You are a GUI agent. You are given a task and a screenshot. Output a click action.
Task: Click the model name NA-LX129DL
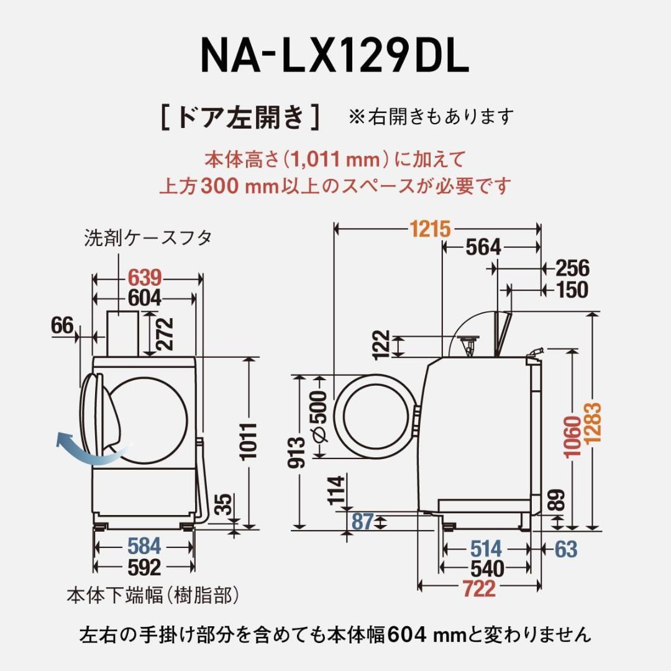pos(334,57)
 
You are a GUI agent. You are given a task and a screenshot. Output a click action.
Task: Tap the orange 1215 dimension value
pos(429,229)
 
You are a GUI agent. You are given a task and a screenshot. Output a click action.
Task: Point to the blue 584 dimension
pos(144,547)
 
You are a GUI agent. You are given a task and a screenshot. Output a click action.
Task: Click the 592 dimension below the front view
pos(144,567)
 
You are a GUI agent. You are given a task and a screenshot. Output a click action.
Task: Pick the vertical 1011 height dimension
pos(249,440)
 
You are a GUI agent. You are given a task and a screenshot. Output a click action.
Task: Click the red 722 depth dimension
pos(478,588)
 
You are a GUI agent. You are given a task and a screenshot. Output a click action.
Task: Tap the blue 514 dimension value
pos(486,549)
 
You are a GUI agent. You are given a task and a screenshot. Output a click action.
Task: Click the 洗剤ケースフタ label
pos(148,239)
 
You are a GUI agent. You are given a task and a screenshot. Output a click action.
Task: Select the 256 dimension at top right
pos(572,268)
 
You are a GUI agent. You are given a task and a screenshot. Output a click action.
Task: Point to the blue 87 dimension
pos(362,521)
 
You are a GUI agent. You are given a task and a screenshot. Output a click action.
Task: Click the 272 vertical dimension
pos(165,334)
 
